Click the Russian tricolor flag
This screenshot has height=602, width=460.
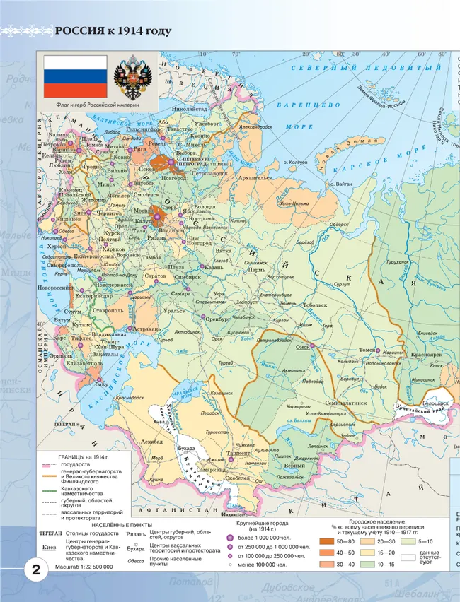point(76,77)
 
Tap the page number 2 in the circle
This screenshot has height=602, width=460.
point(35,570)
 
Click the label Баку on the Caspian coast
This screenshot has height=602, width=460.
point(102,385)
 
